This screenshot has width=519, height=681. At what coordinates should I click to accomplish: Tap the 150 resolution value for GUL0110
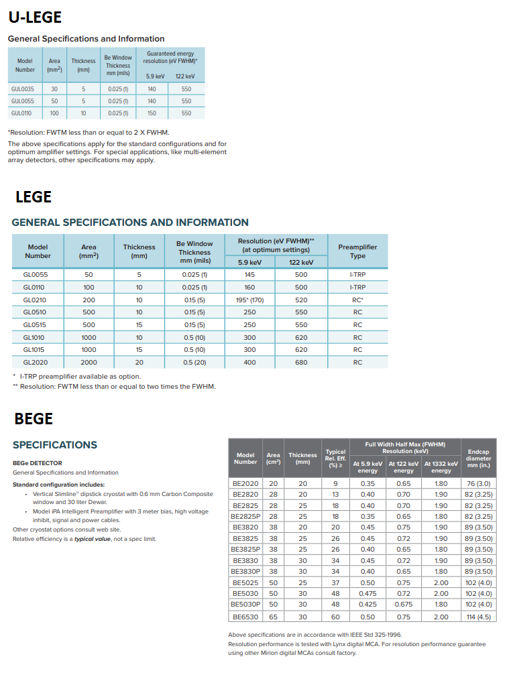[152, 113]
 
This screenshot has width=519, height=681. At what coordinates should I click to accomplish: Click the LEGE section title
[34, 197]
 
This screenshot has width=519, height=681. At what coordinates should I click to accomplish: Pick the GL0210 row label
[36, 300]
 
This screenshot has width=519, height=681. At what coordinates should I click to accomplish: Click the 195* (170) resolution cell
[249, 300]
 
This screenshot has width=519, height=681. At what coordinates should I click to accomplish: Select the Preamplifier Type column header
[357, 251]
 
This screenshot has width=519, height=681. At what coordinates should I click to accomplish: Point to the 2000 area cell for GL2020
[89, 363]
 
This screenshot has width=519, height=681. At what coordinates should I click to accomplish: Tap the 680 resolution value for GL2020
[301, 363]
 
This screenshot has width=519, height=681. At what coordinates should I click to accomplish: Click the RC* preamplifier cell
[357, 300]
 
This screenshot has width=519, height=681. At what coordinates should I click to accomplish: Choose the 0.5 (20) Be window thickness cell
[194, 363]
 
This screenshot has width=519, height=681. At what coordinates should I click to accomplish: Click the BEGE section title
[34, 419]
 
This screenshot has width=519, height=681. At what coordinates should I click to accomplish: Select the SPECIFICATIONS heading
[55, 445]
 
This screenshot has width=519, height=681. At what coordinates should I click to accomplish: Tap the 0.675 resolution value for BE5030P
[403, 605]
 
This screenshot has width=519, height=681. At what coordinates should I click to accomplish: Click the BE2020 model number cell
[245, 483]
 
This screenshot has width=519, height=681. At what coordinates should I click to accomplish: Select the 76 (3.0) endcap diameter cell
[479, 483]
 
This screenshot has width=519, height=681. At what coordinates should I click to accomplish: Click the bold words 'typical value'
[93, 539]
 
